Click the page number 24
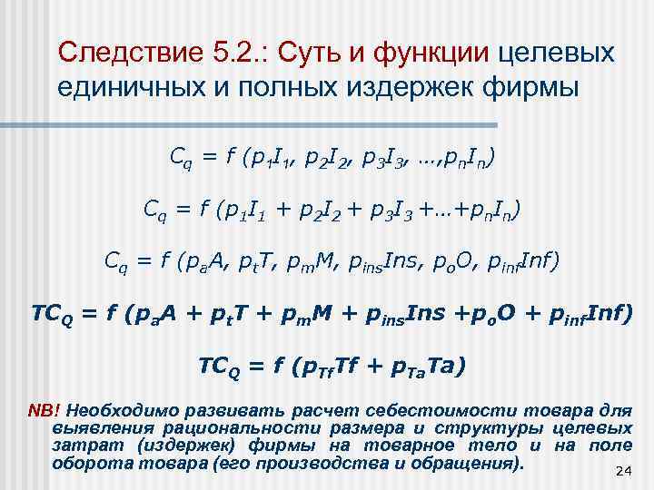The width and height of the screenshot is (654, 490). pyautogui.click(x=623, y=470)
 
